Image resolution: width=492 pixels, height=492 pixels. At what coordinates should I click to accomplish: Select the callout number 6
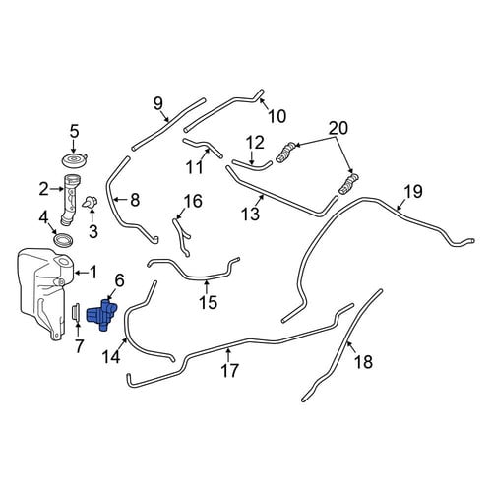(x=119, y=280)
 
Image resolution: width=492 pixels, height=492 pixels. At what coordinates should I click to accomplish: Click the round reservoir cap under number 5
(x=75, y=160)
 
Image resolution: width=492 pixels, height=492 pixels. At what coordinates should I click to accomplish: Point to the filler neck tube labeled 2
(x=70, y=201)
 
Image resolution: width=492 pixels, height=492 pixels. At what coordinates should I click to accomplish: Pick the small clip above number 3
(x=91, y=203)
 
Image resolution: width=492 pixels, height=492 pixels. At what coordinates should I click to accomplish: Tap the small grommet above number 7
(x=76, y=312)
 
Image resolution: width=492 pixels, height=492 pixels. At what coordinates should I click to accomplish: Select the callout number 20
(x=338, y=128)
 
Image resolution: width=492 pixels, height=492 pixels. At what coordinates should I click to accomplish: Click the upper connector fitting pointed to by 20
(x=285, y=152)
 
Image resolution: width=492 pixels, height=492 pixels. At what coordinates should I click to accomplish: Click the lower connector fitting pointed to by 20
(x=348, y=185)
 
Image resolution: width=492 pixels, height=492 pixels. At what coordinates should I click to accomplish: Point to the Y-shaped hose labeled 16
(x=182, y=237)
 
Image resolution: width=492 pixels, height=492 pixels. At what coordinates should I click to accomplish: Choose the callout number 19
(x=413, y=192)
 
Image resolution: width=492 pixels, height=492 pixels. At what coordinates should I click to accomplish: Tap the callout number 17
(x=229, y=371)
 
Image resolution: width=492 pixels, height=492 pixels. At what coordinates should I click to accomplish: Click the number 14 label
(x=111, y=357)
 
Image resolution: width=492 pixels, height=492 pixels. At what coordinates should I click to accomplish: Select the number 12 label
(x=255, y=143)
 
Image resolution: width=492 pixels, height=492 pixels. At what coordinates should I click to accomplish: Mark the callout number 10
(x=277, y=116)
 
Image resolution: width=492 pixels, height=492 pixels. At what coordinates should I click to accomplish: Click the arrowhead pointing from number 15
(x=207, y=282)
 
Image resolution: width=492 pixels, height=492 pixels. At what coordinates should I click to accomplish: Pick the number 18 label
(x=363, y=362)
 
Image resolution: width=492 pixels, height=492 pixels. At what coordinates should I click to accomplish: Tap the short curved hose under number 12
(x=253, y=166)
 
